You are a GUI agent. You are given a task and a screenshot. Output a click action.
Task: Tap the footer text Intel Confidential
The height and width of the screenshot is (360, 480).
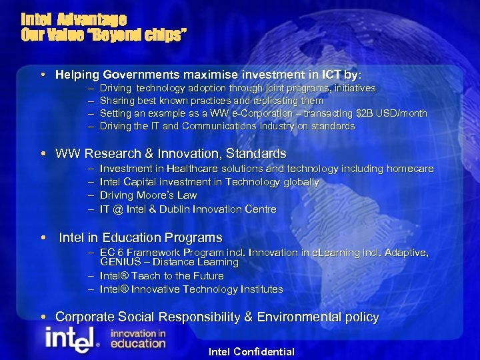pos(251,351)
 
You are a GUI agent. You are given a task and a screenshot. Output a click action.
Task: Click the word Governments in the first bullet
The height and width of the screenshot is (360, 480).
pos(144,75)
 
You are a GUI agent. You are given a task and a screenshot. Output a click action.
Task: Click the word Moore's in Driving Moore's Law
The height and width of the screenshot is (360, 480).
pos(156,195)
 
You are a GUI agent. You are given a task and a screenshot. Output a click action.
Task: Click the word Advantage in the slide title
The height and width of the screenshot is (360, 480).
pos(93,19)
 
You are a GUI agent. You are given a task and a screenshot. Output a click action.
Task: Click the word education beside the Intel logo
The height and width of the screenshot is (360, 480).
pos(137,343)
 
